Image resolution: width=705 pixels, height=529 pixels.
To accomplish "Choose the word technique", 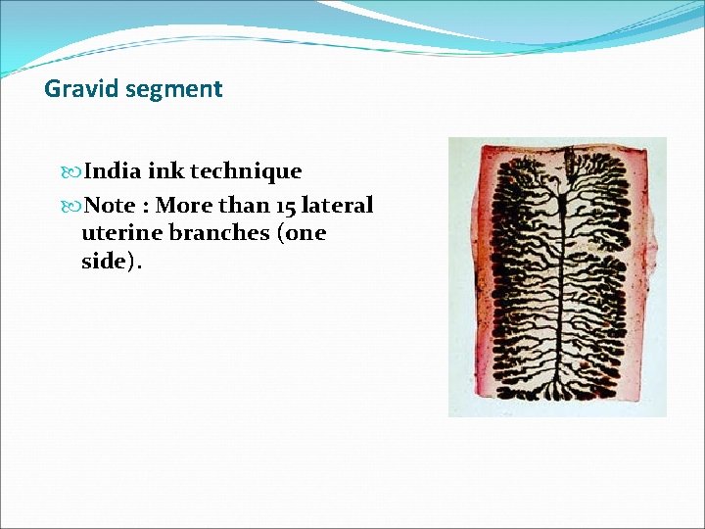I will [x=246, y=172].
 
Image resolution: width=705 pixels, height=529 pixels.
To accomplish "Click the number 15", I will [x=281, y=206].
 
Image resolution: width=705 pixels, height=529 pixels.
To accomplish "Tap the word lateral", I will [x=336, y=206].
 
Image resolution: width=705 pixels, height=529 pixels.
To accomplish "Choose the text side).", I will [x=111, y=263].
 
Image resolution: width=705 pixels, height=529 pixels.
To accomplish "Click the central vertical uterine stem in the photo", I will [x=557, y=284].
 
